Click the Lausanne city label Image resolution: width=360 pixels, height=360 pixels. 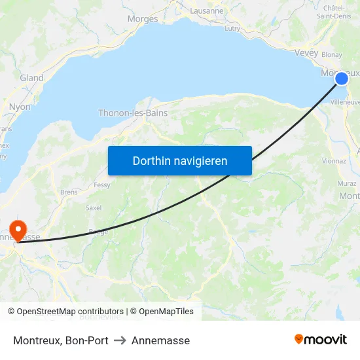(206, 11)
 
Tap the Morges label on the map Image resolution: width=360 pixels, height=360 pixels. (143, 18)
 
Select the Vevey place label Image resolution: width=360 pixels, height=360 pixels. (306, 52)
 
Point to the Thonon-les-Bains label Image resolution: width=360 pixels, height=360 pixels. (133, 113)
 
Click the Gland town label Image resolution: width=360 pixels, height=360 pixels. (31, 78)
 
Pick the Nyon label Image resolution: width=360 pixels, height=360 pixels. (20, 106)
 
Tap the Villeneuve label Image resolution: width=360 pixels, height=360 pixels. (345, 102)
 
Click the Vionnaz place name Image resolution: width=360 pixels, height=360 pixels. (334, 160)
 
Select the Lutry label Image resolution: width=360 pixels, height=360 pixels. (232, 28)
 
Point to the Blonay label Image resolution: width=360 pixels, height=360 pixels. (331, 55)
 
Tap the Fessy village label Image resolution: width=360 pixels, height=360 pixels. (102, 185)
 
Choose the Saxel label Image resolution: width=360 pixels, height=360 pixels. (94, 207)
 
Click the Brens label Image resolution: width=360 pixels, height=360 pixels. (69, 192)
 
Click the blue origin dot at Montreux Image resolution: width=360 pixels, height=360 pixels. (342, 79)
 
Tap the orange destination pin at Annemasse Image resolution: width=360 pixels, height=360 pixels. (18, 229)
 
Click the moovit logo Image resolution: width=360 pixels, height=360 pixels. (321, 339)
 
